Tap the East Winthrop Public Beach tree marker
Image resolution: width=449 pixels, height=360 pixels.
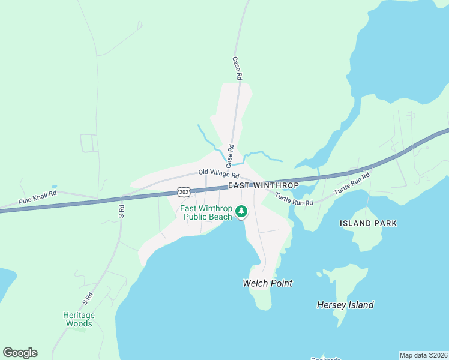click(x=241, y=211)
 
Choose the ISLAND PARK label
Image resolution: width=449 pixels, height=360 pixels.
click(x=368, y=223)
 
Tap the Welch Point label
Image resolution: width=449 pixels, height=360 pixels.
click(x=267, y=283)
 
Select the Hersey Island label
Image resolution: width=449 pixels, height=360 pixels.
click(x=345, y=305)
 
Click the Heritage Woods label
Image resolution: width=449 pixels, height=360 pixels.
click(x=79, y=319)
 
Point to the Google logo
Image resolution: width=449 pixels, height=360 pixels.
click(x=20, y=353)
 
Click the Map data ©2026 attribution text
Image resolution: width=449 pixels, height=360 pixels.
click(x=423, y=355)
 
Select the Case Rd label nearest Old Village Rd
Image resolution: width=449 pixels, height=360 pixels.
click(x=230, y=155)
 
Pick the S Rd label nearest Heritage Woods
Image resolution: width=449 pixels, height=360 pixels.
click(x=88, y=298)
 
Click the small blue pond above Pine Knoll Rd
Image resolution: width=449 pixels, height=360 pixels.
click(x=54, y=187)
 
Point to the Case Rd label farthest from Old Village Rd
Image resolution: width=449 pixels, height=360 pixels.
click(x=237, y=68)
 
